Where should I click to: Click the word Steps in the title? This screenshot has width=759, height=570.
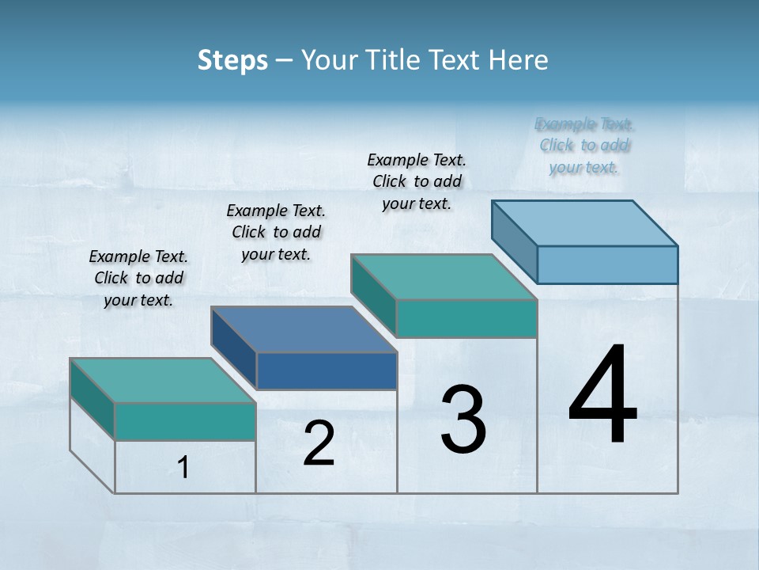point(232,60)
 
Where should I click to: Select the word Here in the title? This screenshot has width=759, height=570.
point(519,60)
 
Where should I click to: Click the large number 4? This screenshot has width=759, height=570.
point(602,396)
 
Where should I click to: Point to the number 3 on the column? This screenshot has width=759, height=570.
point(463,420)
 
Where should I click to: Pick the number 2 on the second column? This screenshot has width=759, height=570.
point(319,443)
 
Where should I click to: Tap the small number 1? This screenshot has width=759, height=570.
point(183,467)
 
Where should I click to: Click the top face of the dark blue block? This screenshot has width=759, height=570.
point(304,329)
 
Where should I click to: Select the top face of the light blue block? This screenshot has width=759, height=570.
point(585,222)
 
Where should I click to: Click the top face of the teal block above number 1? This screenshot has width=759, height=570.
point(163,380)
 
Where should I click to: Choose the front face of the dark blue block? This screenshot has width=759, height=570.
point(327,370)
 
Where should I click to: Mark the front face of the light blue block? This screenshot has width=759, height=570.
point(607,264)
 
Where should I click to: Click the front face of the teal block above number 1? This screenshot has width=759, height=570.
point(185,421)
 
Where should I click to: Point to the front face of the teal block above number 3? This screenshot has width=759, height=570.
point(466,318)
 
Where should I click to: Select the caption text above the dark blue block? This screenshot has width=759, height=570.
point(276,232)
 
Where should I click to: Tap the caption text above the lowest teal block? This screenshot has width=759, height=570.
point(138,278)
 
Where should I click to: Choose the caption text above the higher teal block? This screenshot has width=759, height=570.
point(417,181)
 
